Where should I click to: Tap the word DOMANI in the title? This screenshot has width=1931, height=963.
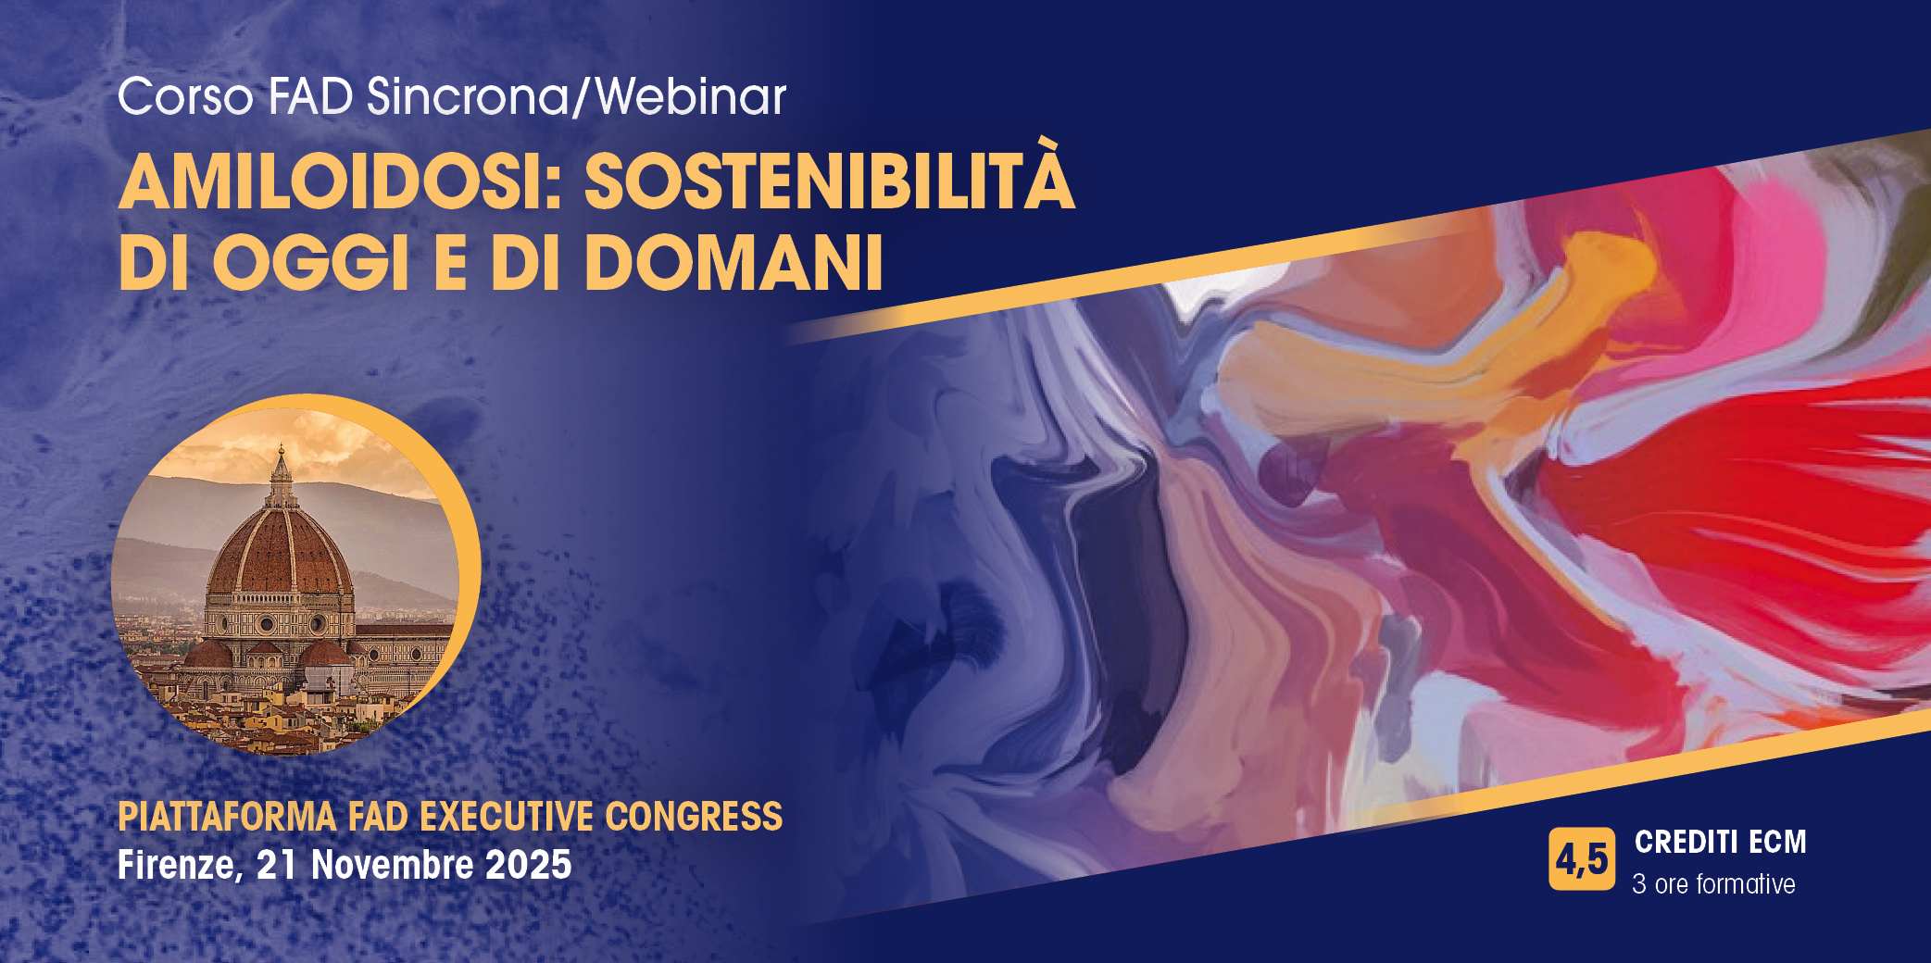(x=734, y=263)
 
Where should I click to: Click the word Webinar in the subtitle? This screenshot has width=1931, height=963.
(x=691, y=96)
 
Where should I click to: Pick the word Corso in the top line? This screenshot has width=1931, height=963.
(x=185, y=96)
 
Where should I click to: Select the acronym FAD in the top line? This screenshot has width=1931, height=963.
(x=310, y=96)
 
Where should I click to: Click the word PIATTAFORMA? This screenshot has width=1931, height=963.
(x=227, y=818)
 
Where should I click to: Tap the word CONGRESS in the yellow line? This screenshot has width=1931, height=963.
(x=694, y=818)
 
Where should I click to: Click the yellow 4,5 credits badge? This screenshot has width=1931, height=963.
(x=1582, y=859)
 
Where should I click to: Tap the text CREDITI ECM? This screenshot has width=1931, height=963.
(x=1721, y=842)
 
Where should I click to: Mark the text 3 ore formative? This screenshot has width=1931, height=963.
(x=1713, y=884)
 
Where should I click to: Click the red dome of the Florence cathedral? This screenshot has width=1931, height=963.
(x=280, y=552)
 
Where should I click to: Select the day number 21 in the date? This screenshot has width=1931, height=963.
(x=276, y=865)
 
